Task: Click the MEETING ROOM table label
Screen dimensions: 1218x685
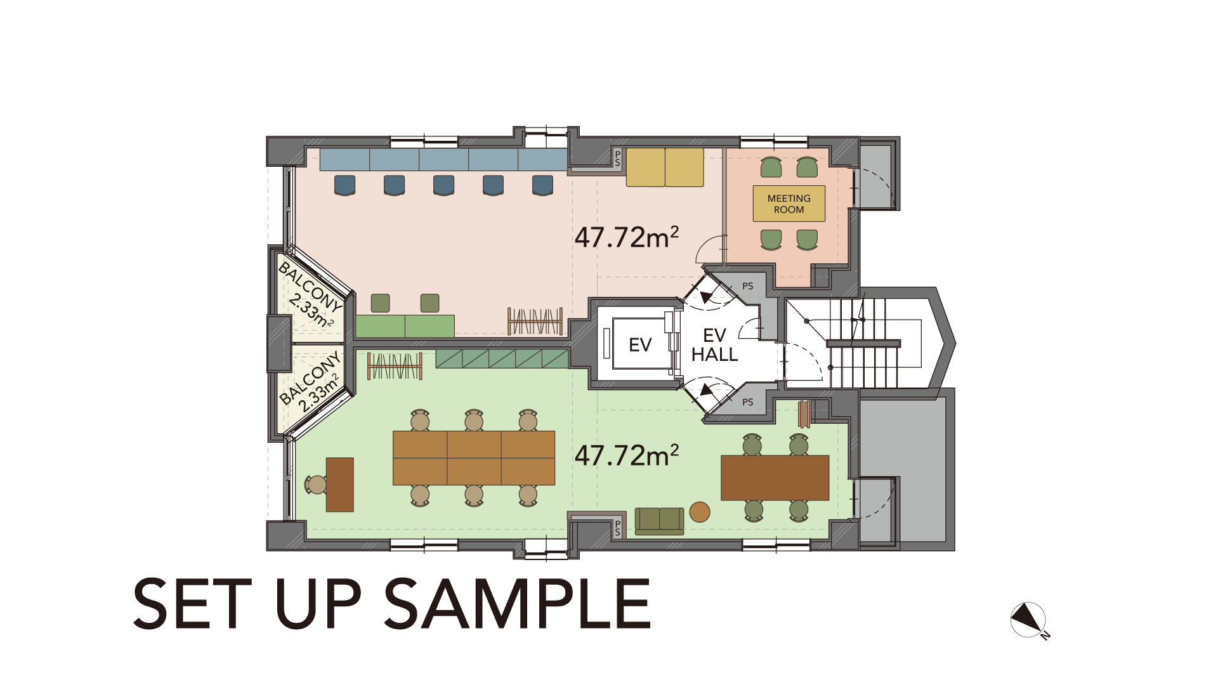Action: click(789, 204)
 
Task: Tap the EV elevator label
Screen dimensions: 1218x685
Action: click(640, 345)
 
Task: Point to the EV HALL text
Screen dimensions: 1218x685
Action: click(714, 345)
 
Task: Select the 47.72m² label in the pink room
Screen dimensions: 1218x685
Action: click(626, 237)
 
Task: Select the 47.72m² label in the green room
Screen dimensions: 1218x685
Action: click(626, 455)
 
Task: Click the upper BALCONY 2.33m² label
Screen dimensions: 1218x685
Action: click(310, 295)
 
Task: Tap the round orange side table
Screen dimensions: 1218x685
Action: click(699, 512)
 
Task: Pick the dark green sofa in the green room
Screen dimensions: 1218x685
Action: click(659, 521)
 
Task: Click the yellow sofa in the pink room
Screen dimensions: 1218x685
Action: click(665, 167)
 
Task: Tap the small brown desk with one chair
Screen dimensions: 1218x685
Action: click(339, 485)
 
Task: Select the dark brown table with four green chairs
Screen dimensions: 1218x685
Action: click(775, 478)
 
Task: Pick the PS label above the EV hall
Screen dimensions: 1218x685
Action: click(748, 286)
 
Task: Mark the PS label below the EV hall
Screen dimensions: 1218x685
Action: click(748, 402)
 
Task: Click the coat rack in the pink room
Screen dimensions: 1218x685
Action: click(535, 321)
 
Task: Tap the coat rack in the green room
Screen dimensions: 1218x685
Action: click(395, 366)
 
